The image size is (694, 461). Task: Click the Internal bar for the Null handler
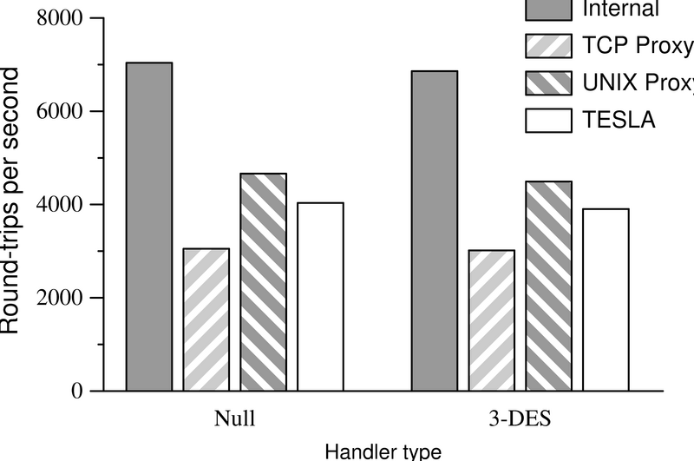click(148, 227)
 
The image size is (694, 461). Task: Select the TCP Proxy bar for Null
click(206, 319)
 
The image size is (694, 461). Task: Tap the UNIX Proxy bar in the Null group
click(263, 282)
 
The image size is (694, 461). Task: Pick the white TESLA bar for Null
click(320, 297)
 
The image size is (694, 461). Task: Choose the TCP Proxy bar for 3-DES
click(492, 320)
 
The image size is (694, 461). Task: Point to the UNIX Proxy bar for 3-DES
click(549, 286)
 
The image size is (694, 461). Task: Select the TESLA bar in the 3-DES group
click(606, 300)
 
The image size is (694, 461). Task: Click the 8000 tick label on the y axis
click(57, 18)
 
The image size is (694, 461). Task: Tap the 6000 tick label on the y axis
click(57, 111)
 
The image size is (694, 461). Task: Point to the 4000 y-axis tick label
click(57, 205)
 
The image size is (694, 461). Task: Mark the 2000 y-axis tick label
click(57, 298)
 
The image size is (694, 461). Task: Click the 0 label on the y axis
click(75, 392)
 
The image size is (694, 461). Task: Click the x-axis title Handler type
click(378, 451)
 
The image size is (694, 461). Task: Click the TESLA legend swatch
click(549, 119)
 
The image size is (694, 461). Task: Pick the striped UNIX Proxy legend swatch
click(549, 82)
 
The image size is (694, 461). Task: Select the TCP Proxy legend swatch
click(549, 45)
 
